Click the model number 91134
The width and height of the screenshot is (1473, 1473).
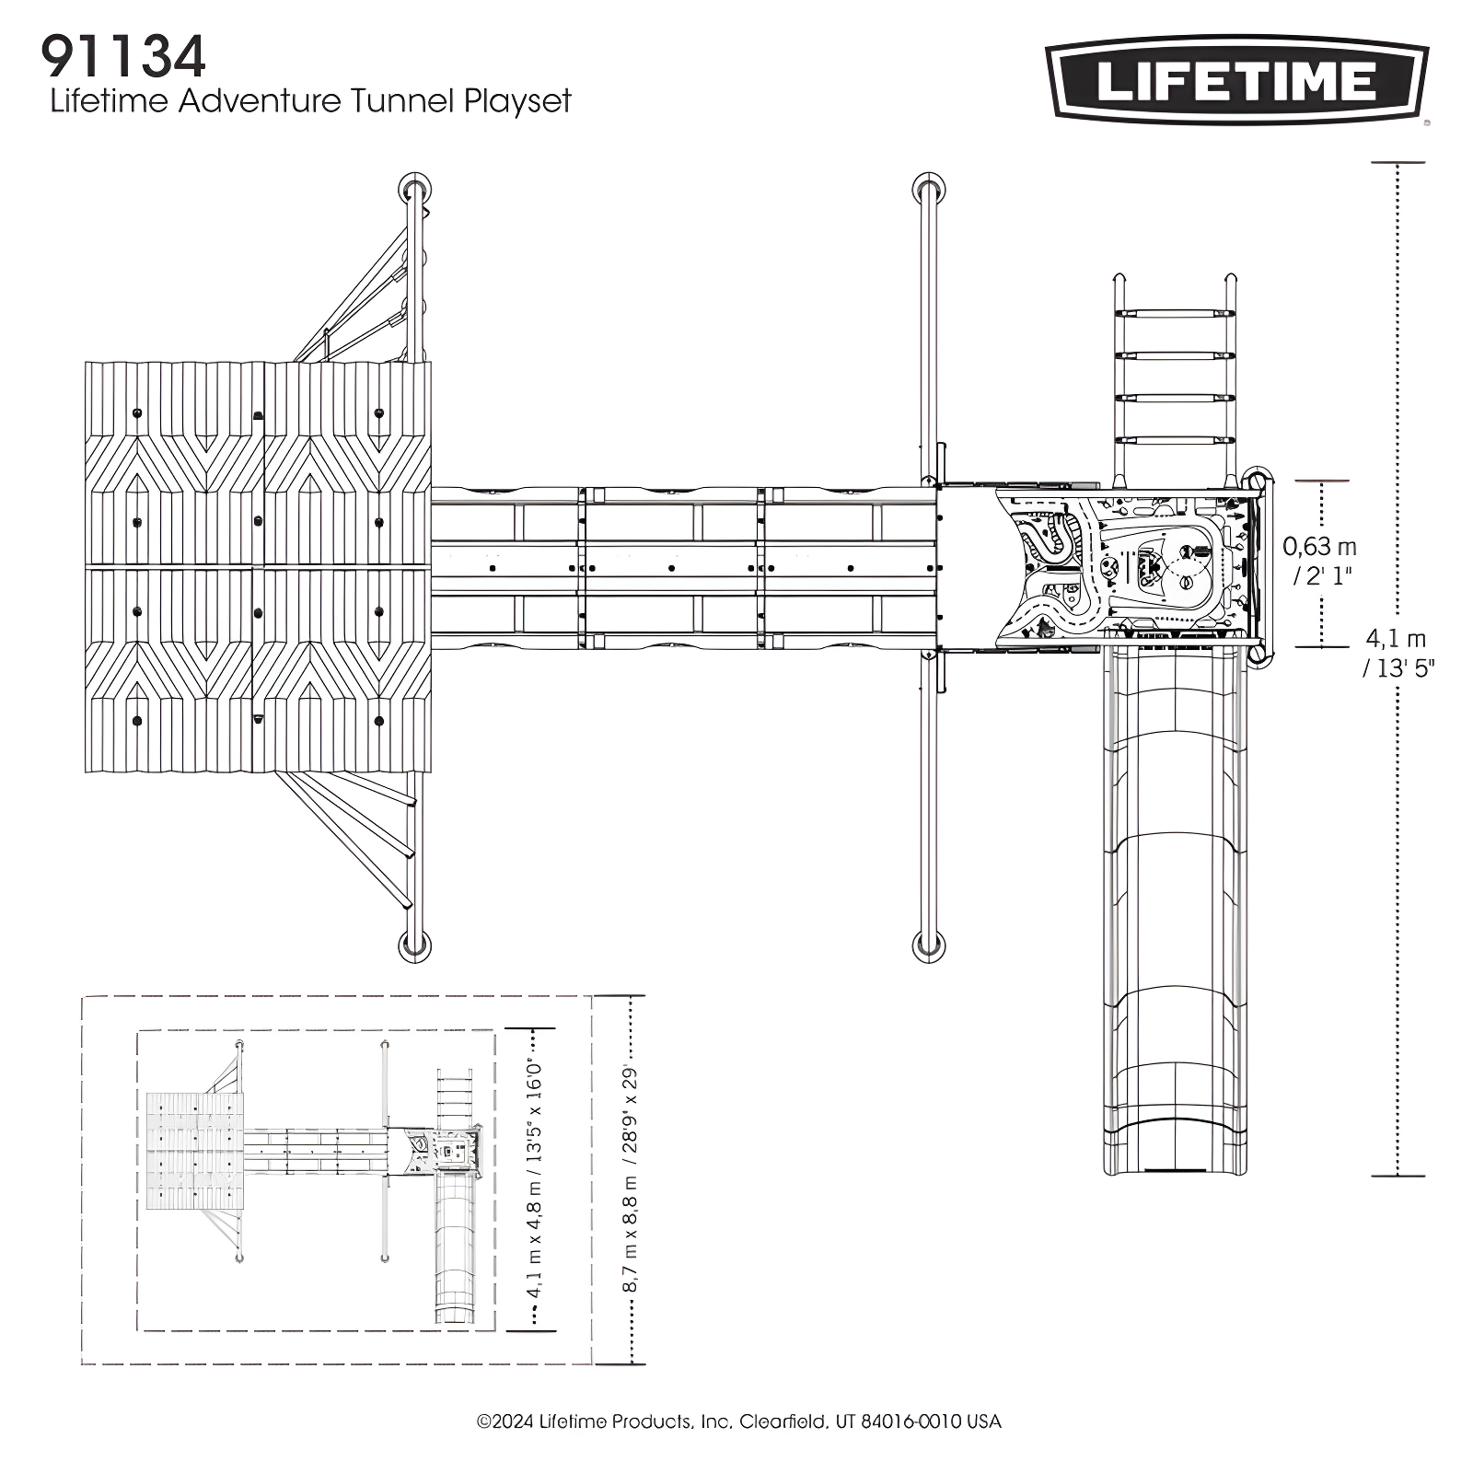(122, 57)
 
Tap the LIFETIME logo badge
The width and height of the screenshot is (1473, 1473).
(1237, 80)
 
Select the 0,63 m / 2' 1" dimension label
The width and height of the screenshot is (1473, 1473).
(1319, 561)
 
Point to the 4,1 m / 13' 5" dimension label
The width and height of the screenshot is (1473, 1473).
(1397, 653)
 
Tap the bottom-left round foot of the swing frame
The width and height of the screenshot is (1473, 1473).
(414, 945)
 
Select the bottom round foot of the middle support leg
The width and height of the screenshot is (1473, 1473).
(929, 945)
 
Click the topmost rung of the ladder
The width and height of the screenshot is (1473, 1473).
(1175, 315)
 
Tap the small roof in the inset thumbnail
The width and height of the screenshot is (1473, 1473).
(195, 1151)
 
